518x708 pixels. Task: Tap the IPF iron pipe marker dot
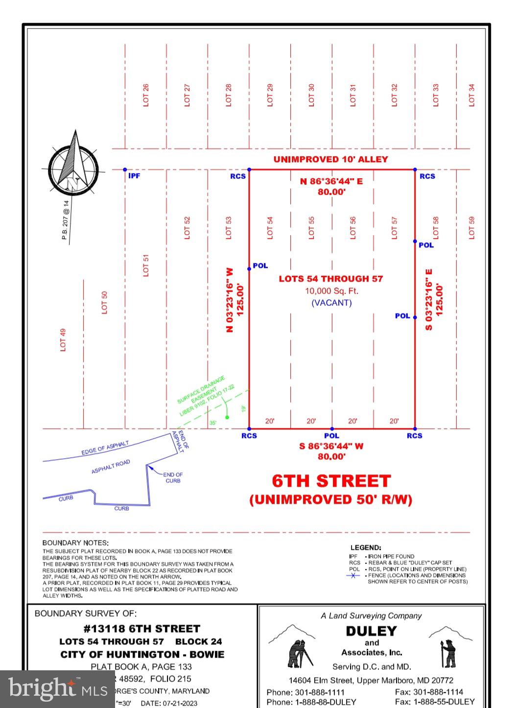(x=125, y=170)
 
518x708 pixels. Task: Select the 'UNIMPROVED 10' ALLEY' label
(x=330, y=159)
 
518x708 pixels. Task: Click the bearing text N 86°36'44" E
(x=331, y=181)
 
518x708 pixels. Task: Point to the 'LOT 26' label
(x=145, y=95)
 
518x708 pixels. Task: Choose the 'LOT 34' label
(x=471, y=95)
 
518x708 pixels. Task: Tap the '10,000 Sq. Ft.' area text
(x=331, y=291)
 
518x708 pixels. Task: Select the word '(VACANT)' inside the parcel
(x=331, y=303)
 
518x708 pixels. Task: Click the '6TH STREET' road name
(x=331, y=481)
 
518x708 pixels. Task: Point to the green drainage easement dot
(x=227, y=417)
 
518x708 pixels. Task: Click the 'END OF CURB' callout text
(x=173, y=477)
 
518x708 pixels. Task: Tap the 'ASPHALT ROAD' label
(x=111, y=467)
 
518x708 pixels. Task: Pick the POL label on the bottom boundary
(x=331, y=436)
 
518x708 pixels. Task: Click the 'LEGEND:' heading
(x=365, y=547)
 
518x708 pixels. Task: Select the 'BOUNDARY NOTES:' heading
(x=75, y=543)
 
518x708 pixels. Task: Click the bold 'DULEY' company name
(x=371, y=631)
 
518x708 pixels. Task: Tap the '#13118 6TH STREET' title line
(x=141, y=629)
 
